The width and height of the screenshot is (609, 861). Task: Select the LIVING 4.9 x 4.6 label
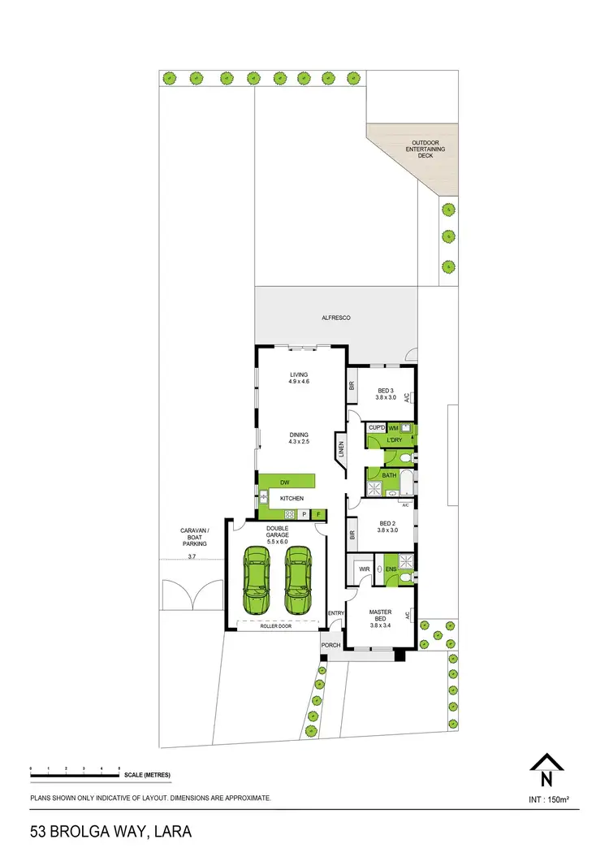click(300, 378)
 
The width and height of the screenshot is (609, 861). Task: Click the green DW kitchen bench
click(285, 482)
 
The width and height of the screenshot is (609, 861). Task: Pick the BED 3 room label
click(386, 394)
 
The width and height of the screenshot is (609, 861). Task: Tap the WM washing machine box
click(393, 427)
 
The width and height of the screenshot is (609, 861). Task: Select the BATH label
click(389, 475)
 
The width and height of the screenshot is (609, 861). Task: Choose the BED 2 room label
click(386, 526)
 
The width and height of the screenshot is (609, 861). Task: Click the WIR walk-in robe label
click(365, 569)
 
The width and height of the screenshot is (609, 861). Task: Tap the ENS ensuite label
click(391, 569)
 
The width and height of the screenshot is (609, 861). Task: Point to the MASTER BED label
click(381, 616)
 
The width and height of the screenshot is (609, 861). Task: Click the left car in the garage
click(258, 580)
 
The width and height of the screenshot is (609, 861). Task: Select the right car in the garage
click(298, 580)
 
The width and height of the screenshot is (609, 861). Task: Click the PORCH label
click(330, 645)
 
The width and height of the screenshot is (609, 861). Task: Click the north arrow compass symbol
click(546, 769)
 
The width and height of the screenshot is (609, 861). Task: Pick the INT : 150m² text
click(548, 799)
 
